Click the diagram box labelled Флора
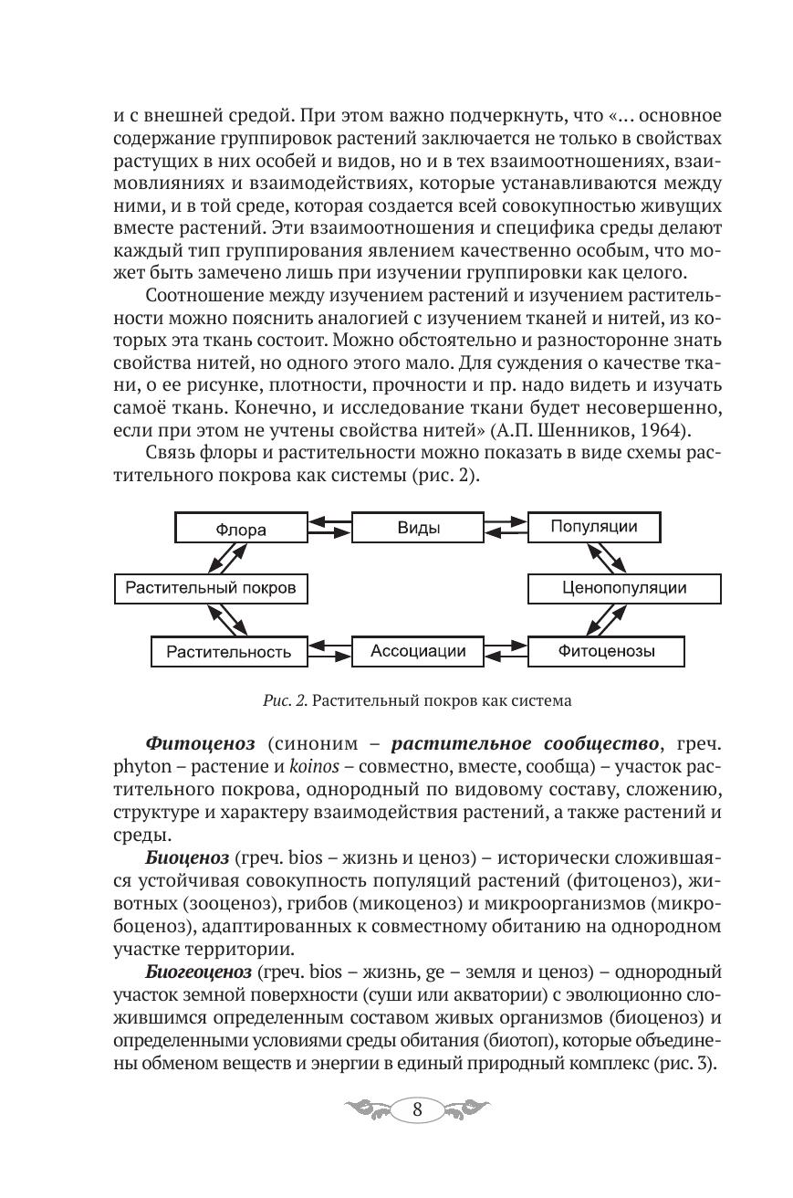pyautogui.click(x=241, y=529)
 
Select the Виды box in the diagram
pyautogui.click(x=419, y=528)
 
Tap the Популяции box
pyautogui.click(x=594, y=527)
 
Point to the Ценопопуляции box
pyautogui.click(x=624, y=588)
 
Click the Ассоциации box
pyautogui.click(x=418, y=651)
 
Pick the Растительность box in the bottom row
pyautogui.click(x=229, y=652)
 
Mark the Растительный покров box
pyautogui.click(x=210, y=588)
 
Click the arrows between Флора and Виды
pyautogui.click(x=329, y=528)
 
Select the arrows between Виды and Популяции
pyautogui.click(x=506, y=528)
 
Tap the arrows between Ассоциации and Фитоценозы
pyautogui.click(x=506, y=651)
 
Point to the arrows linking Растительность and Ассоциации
pyautogui.click(x=329, y=651)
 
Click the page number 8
pyautogui.click(x=417, y=1110)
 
